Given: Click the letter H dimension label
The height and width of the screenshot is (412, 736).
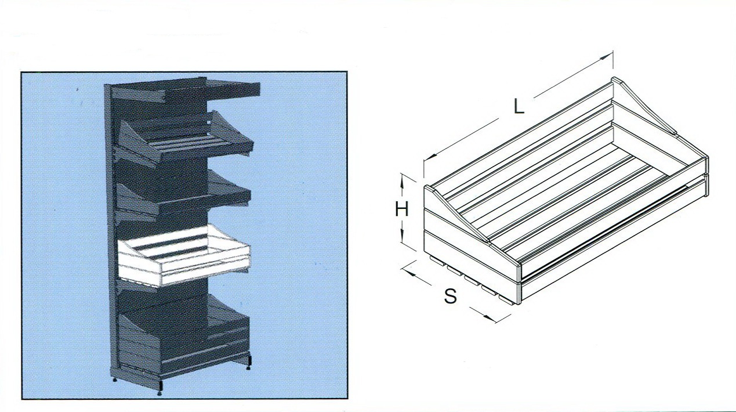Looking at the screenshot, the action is pos(401,209).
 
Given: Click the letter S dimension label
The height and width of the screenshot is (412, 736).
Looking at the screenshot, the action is pos(450,295).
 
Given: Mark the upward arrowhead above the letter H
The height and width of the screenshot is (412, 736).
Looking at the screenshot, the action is pos(401,182).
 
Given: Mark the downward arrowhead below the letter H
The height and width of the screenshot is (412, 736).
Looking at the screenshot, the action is pos(401,236).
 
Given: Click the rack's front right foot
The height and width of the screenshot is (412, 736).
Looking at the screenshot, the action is pos(249,362).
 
